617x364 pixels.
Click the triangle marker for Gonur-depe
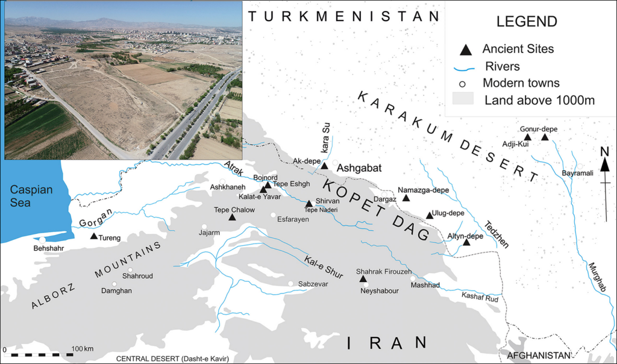[x=545, y=137]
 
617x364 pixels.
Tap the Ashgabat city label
[x=359, y=168]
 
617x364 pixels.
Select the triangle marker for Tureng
[x=93, y=236]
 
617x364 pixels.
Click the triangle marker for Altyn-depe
[x=466, y=242]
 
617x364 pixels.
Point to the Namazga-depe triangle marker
[x=406, y=198]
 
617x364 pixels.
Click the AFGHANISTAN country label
[x=539, y=356]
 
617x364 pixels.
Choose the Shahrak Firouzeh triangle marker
[x=363, y=278]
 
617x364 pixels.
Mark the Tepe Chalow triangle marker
[x=232, y=216]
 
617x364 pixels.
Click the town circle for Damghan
[x=114, y=284]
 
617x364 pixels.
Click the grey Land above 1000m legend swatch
[x=468, y=100]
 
